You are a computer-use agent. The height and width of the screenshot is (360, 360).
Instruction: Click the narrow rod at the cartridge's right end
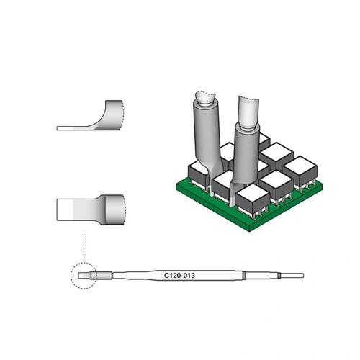point(292,275)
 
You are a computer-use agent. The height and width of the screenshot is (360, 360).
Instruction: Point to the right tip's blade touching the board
point(234,189)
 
